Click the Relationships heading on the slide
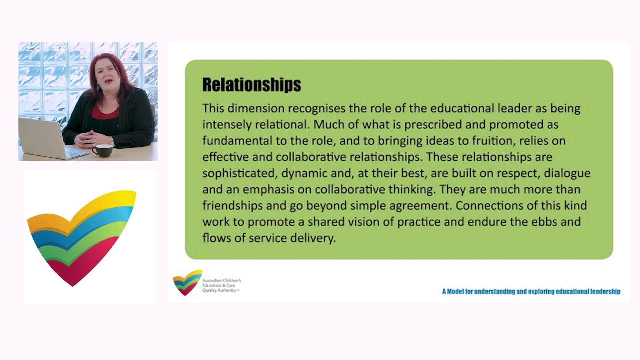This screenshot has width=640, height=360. click(x=251, y=85)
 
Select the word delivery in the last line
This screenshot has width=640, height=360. click(x=312, y=238)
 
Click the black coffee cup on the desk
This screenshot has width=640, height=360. click(x=102, y=150)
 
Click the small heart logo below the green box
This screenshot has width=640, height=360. click(x=187, y=283)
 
